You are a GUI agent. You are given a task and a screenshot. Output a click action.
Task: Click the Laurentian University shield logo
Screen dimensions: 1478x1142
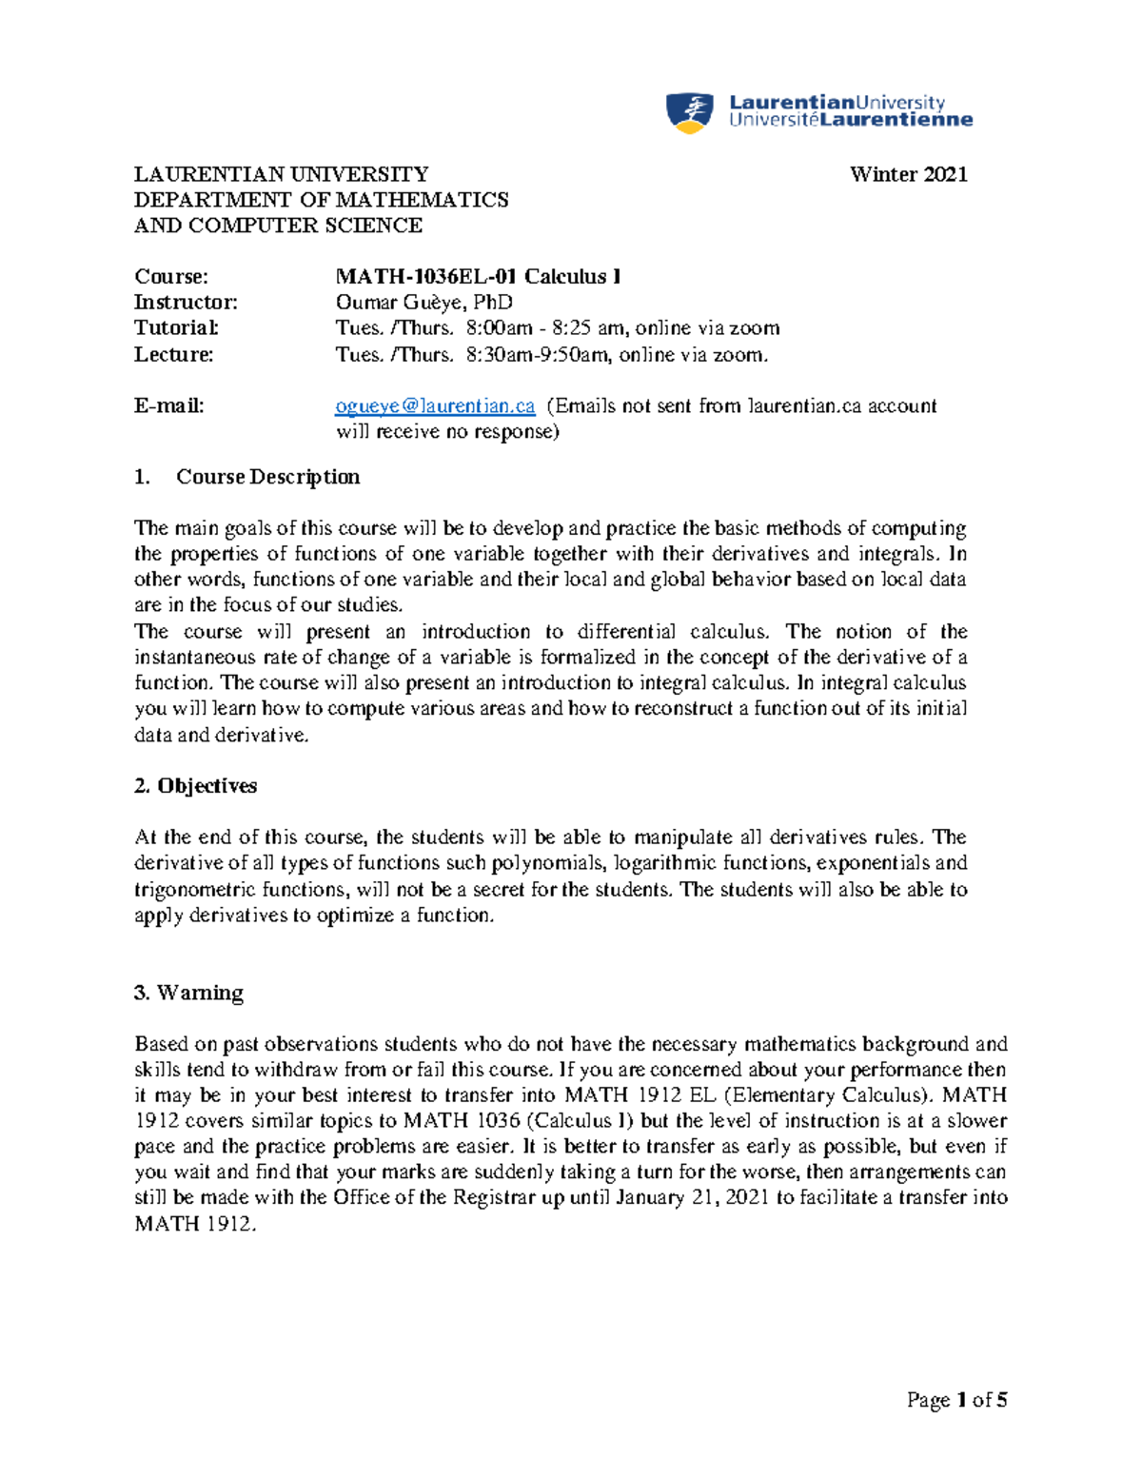[689, 112]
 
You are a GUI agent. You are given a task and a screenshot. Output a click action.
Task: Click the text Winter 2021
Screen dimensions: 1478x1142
[908, 174]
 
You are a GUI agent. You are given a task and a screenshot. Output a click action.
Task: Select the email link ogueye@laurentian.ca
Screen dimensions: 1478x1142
[435, 406]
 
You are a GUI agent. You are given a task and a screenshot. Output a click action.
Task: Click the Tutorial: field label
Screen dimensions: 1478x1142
[177, 328]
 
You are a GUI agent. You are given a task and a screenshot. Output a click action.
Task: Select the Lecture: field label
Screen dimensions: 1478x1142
[174, 355]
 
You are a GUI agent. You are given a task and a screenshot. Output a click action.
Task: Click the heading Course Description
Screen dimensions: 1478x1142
[267, 477]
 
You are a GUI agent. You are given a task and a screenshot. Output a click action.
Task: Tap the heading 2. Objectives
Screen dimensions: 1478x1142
[195, 786]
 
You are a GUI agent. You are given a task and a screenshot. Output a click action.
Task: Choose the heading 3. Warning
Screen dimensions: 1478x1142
[188, 993]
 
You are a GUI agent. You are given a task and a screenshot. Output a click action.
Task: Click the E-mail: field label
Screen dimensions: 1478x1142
[169, 406]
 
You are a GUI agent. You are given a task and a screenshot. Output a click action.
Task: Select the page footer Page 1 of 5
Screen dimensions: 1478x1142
[956, 1400]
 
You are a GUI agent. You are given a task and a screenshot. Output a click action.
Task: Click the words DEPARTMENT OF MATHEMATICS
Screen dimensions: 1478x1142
[321, 200]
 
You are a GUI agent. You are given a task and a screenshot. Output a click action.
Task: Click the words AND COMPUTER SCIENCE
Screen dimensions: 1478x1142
[278, 226]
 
